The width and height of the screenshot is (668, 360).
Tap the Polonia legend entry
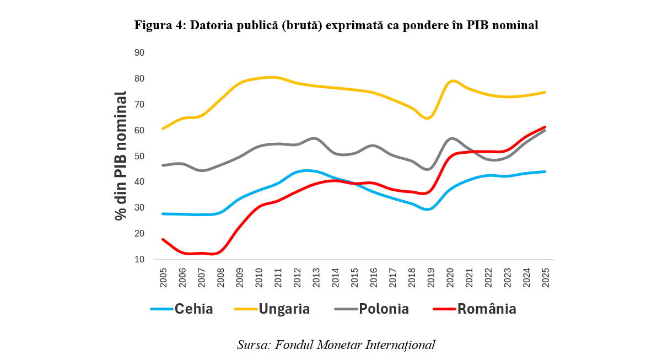384,309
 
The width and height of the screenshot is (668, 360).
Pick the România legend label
487,309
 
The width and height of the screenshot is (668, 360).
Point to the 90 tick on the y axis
139,53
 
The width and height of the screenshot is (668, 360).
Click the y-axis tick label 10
139,260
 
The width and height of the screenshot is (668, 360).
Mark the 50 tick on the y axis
139,157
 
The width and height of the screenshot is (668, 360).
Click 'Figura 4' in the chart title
159,25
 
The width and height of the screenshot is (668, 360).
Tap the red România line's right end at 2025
545,127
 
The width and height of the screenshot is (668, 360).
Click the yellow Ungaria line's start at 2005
164,128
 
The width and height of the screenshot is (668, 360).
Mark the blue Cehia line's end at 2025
545,171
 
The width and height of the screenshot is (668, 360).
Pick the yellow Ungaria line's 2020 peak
452,81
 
